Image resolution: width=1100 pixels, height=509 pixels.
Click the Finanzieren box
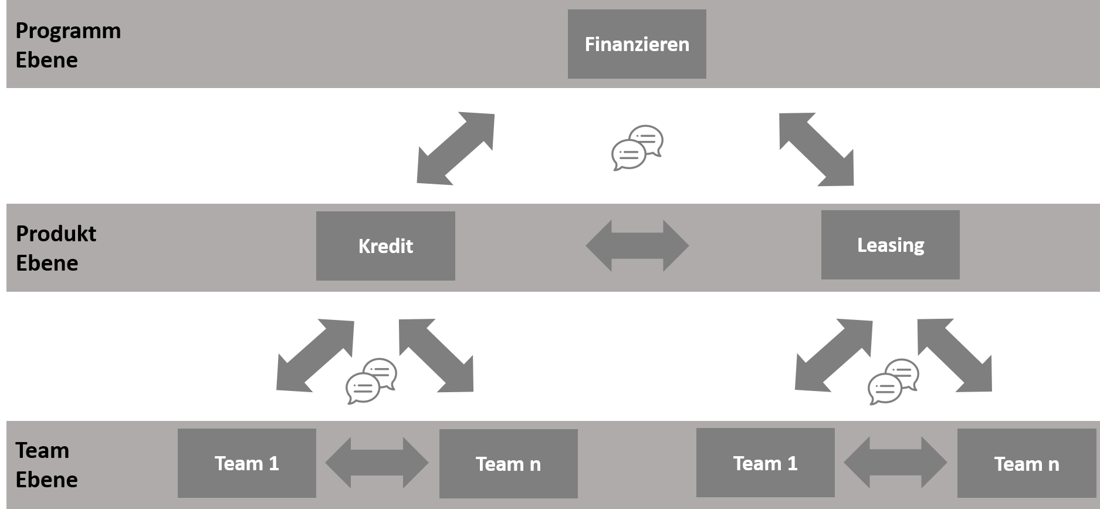[637, 44]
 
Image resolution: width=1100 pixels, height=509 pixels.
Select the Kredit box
[385, 245]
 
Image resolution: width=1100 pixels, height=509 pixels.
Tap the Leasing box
[890, 245]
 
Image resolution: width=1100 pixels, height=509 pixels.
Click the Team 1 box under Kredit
[246, 463]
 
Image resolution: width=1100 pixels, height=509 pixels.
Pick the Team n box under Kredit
[508, 464]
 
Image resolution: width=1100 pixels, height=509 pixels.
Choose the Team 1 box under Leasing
[765, 463]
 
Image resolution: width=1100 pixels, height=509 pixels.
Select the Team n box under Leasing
[1026, 464]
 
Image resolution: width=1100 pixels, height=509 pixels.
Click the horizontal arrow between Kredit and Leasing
[637, 245]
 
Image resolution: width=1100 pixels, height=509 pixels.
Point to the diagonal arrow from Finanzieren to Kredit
[456, 149]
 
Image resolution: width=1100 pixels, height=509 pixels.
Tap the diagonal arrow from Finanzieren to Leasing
[816, 149]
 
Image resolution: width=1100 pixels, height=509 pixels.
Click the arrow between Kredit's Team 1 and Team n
[377, 463]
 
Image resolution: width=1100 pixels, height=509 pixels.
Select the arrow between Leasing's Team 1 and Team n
[895, 463]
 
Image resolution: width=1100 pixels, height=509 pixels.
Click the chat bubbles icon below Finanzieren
[637, 147]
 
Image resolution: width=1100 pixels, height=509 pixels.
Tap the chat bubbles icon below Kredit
[371, 380]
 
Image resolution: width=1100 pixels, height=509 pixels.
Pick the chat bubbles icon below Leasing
[893, 381]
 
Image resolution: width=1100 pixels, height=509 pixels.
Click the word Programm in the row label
[68, 31]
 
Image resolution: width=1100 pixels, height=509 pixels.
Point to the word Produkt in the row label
[56, 234]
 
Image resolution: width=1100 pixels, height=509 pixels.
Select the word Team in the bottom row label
[42, 450]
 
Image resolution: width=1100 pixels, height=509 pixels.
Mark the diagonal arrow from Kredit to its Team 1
[316, 355]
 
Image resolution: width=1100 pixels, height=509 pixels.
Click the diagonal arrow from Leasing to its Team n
[955, 355]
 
